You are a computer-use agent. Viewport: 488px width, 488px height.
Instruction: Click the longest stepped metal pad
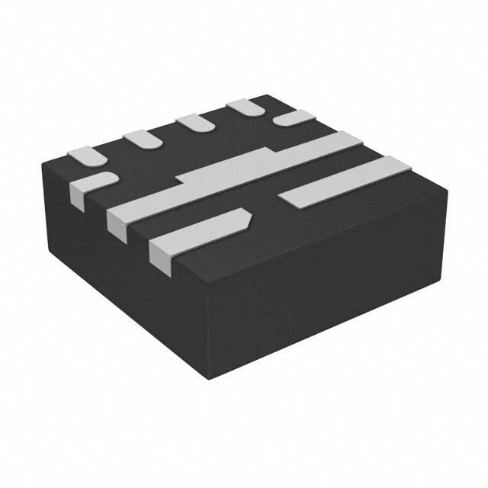229,179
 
